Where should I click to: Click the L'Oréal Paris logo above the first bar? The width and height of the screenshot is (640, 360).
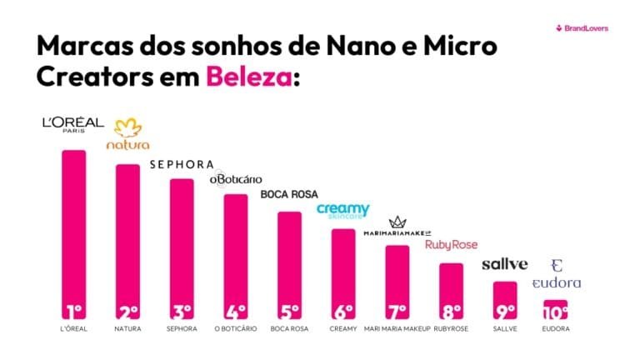pos(73,125)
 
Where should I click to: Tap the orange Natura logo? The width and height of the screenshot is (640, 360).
pos(127,134)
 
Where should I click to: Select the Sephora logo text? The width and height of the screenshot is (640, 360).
pos(182,164)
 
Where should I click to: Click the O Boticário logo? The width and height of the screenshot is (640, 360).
pos(235,179)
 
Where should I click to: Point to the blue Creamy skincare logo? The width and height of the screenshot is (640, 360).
pos(342,212)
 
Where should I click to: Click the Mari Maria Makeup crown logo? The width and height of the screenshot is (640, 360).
pos(397,227)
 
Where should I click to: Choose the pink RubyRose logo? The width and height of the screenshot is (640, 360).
pos(451,245)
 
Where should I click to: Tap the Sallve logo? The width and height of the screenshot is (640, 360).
pos(505,264)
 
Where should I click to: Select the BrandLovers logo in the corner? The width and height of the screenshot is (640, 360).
pos(582,28)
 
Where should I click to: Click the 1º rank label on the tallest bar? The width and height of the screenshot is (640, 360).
pos(74,312)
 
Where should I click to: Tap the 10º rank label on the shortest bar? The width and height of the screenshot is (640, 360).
pos(556,312)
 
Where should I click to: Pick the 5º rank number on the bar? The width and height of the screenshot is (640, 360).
pos(289,312)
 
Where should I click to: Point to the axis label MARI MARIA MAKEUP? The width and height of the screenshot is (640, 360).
pos(397,329)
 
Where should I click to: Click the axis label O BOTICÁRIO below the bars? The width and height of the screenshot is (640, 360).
pos(235,329)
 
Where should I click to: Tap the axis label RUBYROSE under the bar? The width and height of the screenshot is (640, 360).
pos(451,329)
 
